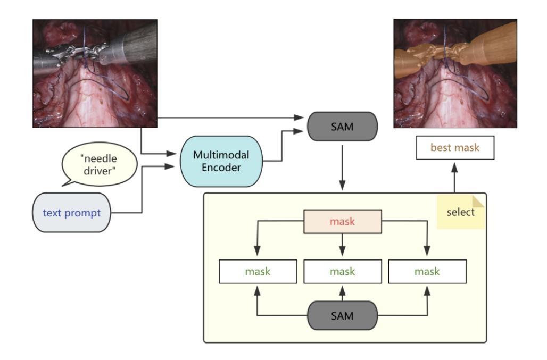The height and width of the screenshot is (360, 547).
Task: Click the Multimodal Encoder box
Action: point(221,161)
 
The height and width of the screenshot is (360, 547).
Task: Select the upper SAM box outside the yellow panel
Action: point(342,127)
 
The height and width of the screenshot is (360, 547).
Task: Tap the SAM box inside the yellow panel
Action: point(342,316)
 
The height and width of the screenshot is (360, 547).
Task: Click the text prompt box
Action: point(71,213)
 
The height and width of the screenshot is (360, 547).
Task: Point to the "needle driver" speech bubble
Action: point(99,164)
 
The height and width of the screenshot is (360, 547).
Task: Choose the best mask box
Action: point(455,148)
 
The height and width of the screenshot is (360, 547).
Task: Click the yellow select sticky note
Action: point(460,212)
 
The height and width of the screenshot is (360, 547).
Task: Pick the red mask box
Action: point(343,222)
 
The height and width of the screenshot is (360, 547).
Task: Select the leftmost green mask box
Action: point(258,272)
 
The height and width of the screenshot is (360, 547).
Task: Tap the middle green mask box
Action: point(343,272)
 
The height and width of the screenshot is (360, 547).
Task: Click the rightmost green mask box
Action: point(427,272)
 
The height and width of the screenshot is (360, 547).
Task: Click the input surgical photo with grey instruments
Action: point(95,73)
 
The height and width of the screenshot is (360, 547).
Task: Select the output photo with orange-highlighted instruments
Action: point(455,73)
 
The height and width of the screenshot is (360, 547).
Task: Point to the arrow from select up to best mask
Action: point(454,178)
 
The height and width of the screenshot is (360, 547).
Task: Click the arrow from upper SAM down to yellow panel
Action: point(342,168)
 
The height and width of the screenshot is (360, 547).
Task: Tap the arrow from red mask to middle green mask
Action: point(342,245)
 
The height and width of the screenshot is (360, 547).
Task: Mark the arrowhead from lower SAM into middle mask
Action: point(342,291)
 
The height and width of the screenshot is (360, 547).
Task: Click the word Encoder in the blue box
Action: point(221,168)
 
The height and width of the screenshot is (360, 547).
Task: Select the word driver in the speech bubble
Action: point(100,171)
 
